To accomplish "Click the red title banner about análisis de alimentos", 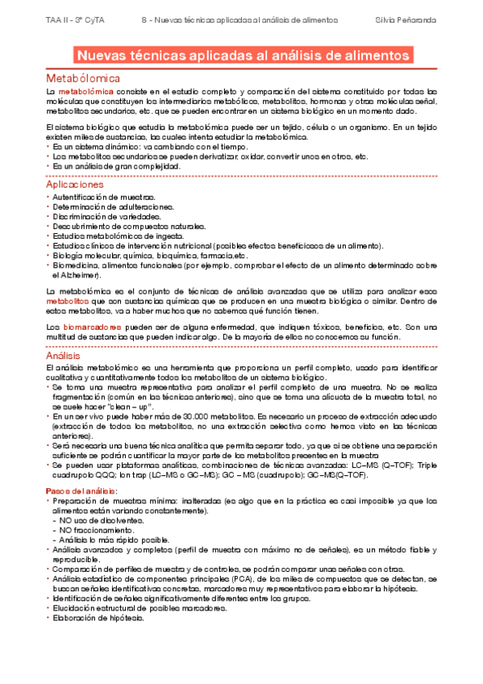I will (x=242, y=56).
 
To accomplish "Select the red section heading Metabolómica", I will (x=83, y=78).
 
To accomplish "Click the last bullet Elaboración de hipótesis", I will (x=98, y=618).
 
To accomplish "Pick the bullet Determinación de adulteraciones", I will (x=113, y=206).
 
